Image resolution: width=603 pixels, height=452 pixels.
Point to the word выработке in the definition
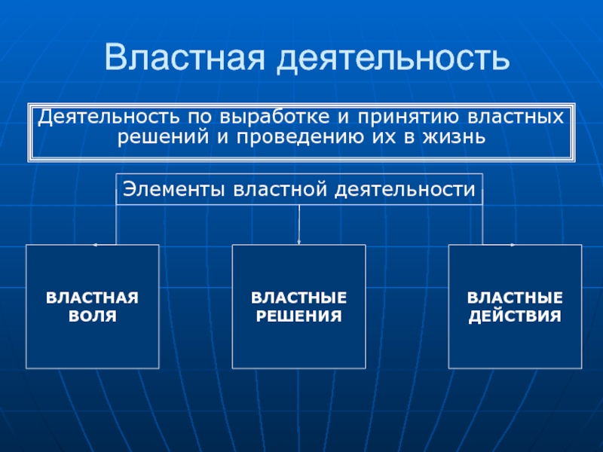271,118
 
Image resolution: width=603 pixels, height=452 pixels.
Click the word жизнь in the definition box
449,137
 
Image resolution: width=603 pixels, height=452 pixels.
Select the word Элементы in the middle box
173,189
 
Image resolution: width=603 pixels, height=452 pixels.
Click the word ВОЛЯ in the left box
93,315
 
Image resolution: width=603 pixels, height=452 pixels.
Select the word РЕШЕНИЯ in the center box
298,315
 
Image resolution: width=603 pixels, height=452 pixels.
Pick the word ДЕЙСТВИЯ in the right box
515,315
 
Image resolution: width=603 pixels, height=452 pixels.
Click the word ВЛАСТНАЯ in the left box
93,298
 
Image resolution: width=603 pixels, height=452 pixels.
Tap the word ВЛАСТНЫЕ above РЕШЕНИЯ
298,298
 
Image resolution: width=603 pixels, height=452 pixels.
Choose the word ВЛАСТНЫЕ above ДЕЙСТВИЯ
515,298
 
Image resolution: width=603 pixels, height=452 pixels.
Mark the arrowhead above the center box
299,242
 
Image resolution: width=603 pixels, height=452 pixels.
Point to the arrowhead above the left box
95,245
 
